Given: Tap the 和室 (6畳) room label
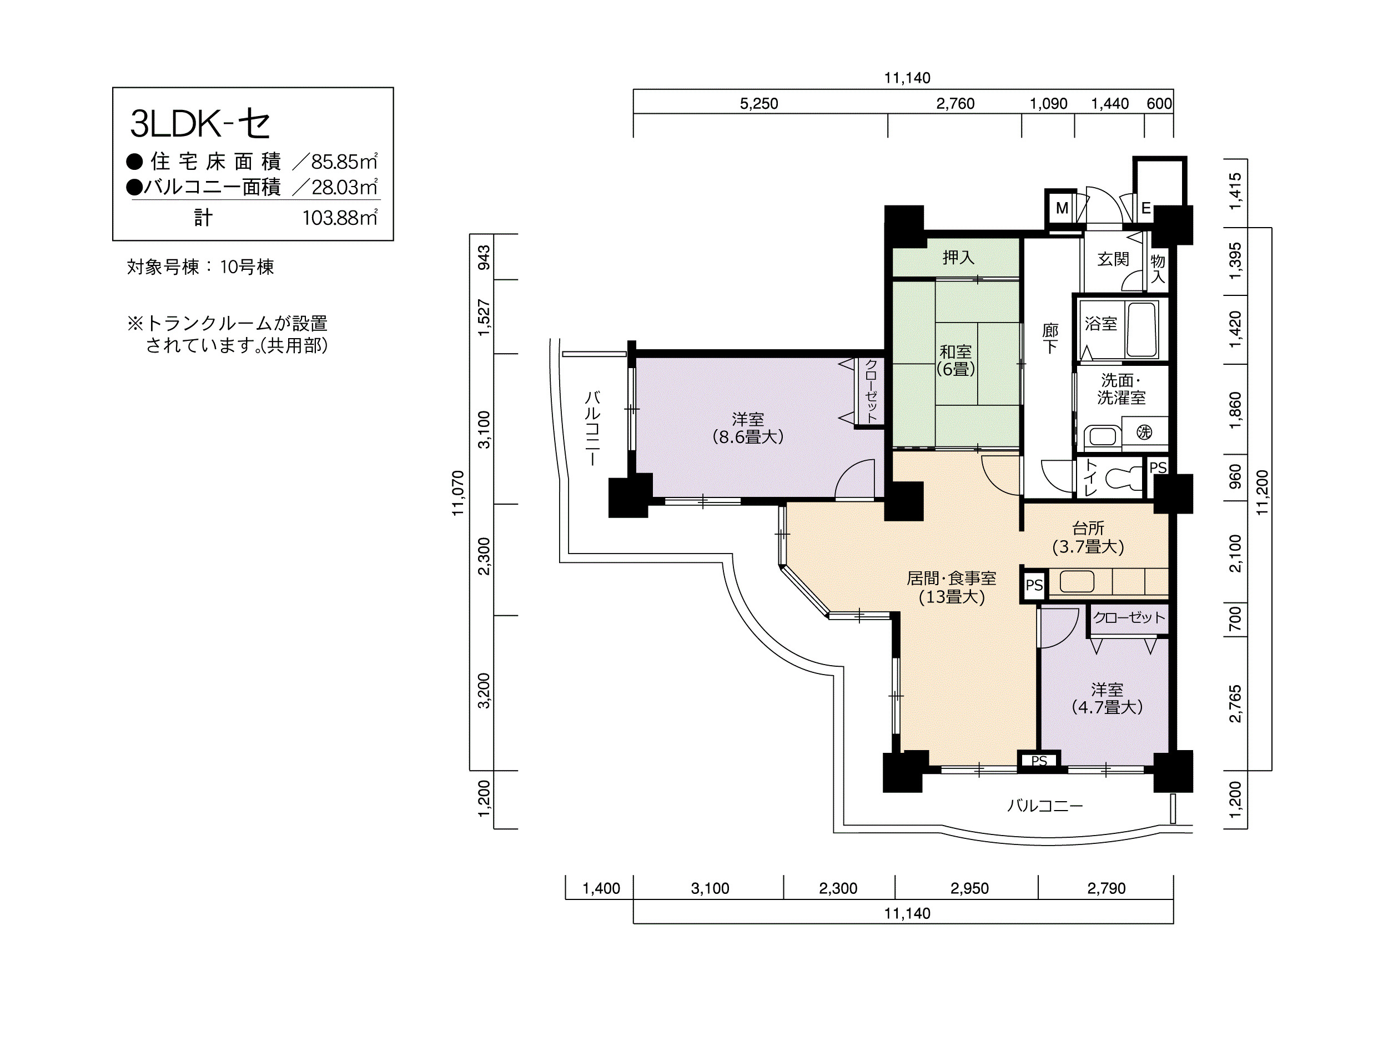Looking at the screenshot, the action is [x=955, y=360].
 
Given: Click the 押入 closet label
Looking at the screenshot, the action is [x=958, y=257].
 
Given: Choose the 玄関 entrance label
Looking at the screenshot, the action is [x=1113, y=259].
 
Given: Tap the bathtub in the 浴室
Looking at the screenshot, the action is [x=1141, y=330].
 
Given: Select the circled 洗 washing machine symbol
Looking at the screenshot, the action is [x=1144, y=432].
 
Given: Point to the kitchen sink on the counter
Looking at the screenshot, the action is [x=1077, y=581].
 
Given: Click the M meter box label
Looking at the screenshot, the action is [x=1062, y=208].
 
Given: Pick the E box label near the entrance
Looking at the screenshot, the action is [x=1146, y=208].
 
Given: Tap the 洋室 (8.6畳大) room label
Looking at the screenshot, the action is [x=748, y=428].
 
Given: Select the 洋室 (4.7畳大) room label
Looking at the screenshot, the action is [x=1107, y=698].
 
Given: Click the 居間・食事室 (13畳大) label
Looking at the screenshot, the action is [x=951, y=587].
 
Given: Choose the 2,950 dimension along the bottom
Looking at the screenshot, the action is [x=969, y=888].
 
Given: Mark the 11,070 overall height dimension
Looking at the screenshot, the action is [x=458, y=493].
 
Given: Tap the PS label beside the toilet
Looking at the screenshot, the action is [x=1158, y=467].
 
